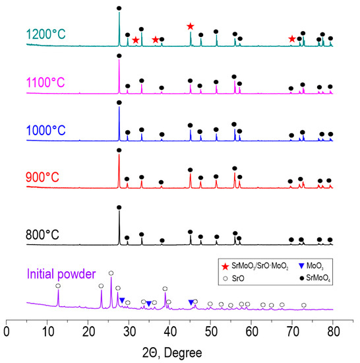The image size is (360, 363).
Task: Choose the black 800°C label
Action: [x=47, y=233]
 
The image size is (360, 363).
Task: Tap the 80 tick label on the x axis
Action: [x=333, y=329]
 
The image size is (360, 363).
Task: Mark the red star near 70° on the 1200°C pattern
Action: [x=291, y=40]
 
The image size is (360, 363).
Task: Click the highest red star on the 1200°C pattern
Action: [x=190, y=26]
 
